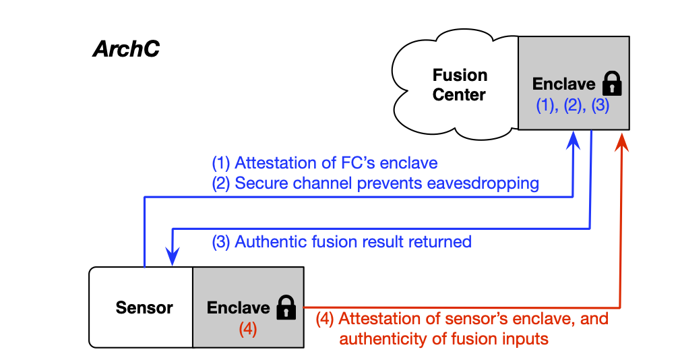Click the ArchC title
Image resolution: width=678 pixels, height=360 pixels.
[x=126, y=50]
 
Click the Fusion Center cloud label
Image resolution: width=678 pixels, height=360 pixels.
[x=459, y=85]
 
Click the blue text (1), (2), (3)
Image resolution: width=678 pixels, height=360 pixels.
[x=572, y=106]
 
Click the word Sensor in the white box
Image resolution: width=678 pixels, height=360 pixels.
[x=144, y=307]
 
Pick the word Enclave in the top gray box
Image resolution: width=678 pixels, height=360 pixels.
[x=563, y=84]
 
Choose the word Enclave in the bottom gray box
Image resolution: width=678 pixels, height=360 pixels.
[x=238, y=307]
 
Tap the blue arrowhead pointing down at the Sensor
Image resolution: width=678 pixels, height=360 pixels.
[x=173, y=258]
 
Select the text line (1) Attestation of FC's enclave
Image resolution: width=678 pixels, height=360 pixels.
[x=324, y=162]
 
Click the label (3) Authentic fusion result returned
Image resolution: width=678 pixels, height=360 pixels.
[x=342, y=241]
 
